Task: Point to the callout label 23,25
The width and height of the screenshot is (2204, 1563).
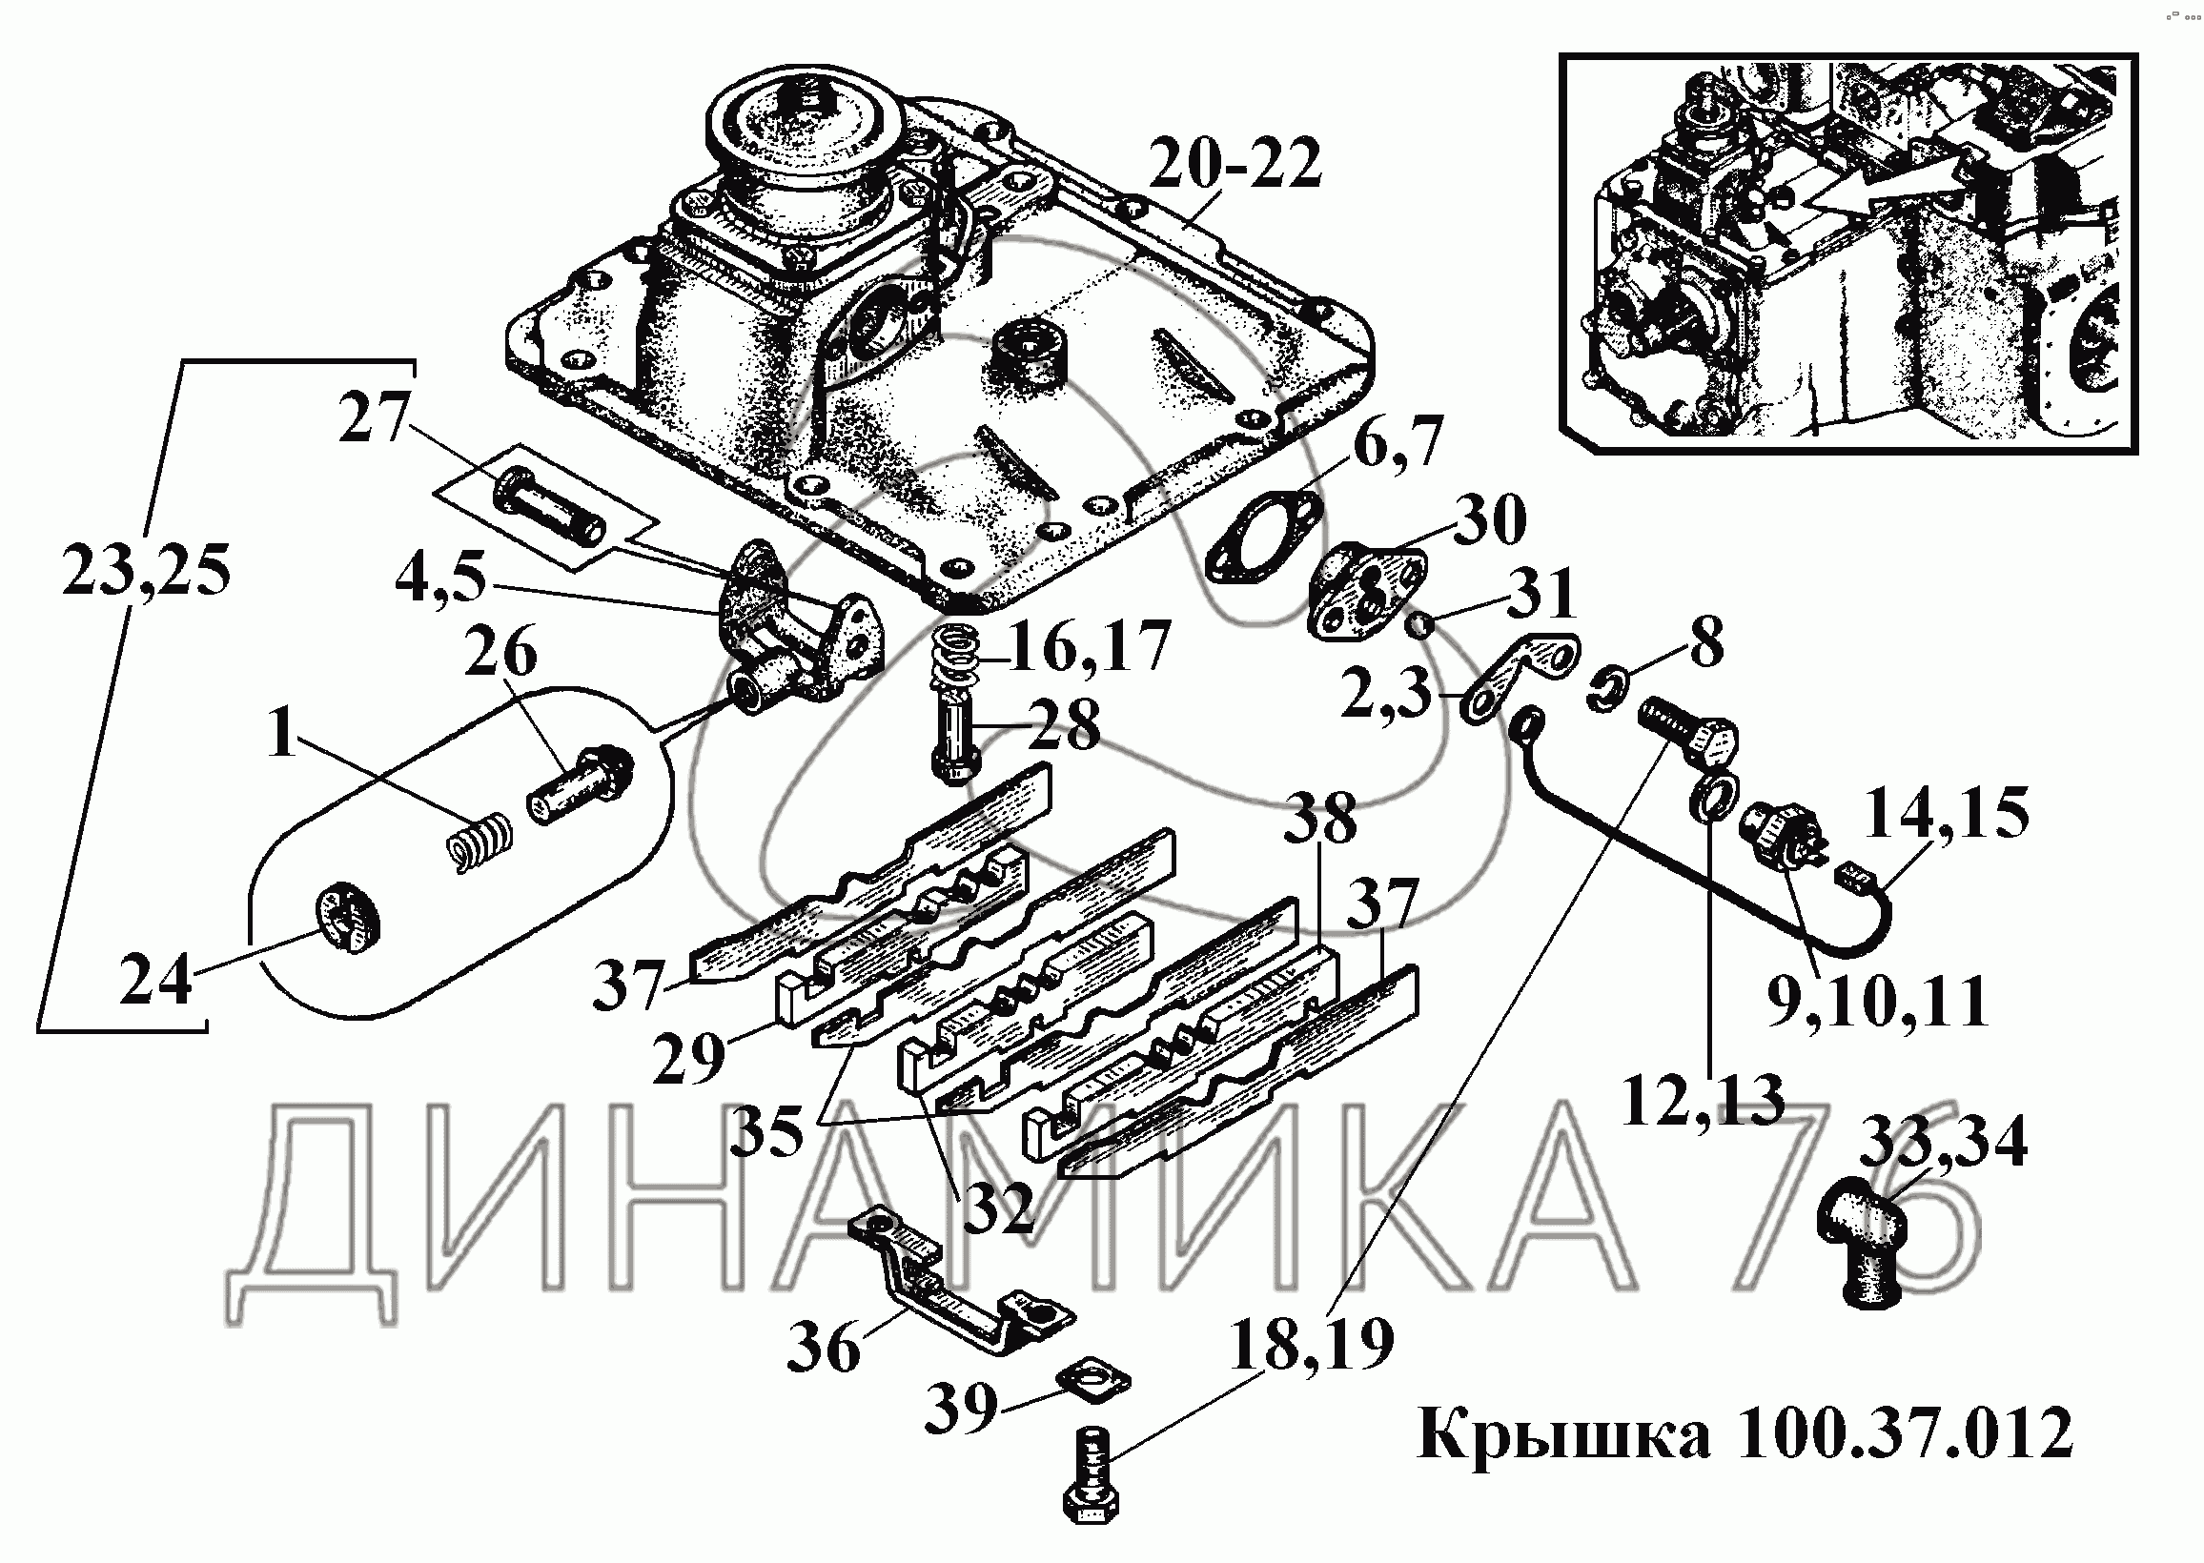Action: coord(146,571)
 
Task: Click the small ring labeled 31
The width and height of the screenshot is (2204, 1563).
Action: coord(1419,626)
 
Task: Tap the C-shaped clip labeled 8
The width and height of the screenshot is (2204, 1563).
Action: coord(1604,691)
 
